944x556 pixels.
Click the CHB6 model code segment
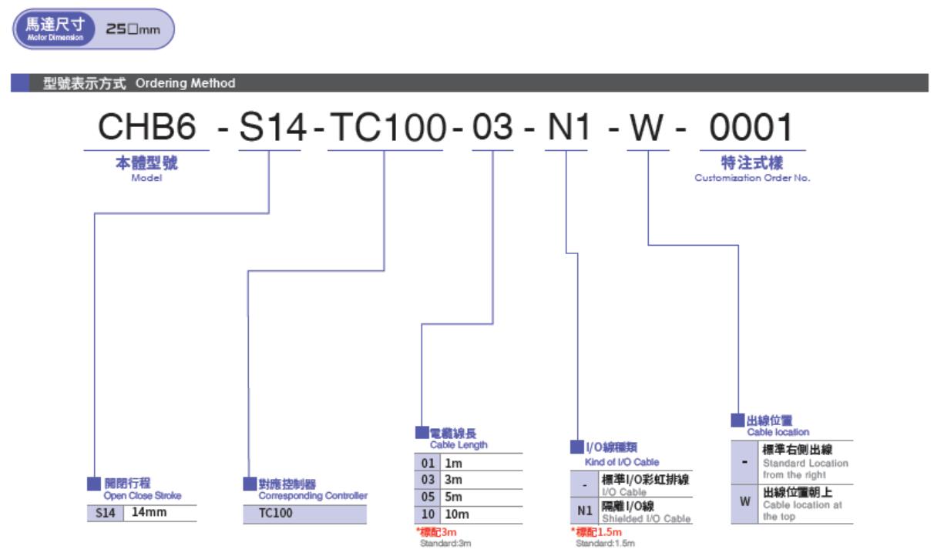(x=147, y=126)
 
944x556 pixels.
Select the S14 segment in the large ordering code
(x=272, y=127)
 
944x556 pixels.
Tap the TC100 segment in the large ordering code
(x=388, y=127)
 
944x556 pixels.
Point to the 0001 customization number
(x=751, y=127)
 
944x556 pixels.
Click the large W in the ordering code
(x=647, y=127)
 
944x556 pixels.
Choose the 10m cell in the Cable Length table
(x=457, y=514)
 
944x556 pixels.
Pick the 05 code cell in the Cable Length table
(x=428, y=497)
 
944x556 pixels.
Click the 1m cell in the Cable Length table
(x=453, y=464)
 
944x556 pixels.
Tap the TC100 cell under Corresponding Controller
(x=276, y=513)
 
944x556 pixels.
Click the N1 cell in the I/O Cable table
(x=585, y=511)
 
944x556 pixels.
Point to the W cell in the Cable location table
(x=744, y=501)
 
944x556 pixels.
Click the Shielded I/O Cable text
(x=647, y=518)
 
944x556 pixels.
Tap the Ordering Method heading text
(x=186, y=83)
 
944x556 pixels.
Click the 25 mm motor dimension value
(x=133, y=29)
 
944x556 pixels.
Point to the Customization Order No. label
(x=752, y=178)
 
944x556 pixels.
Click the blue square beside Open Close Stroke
(x=94, y=484)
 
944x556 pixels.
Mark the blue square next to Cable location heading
(x=737, y=420)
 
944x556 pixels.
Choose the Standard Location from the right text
(x=805, y=469)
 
